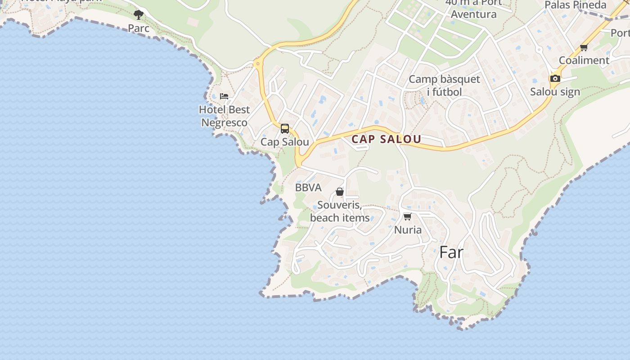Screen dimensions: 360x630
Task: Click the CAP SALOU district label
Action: pos(386,139)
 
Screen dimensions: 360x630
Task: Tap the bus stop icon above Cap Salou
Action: pos(285,129)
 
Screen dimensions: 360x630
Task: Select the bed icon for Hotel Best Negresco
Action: pos(224,96)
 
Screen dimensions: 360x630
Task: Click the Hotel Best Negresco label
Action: pos(224,116)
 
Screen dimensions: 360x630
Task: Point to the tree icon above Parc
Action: pos(139,15)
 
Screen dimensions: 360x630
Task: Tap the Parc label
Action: pos(139,28)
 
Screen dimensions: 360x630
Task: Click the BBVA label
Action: pos(308,188)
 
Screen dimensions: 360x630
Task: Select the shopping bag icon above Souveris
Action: pos(340,192)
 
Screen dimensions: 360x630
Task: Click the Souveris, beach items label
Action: pos(340,211)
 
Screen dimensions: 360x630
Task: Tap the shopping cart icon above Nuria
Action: pos(408,216)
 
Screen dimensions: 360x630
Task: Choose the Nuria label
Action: pos(408,230)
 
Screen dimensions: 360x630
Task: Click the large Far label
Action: pos(451,252)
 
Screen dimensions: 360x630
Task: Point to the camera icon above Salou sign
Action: pos(555,78)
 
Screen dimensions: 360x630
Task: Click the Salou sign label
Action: pos(555,92)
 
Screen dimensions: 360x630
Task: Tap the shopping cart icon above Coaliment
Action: pos(584,47)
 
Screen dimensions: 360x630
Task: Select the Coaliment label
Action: pos(584,60)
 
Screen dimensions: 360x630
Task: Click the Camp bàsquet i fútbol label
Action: pos(444,85)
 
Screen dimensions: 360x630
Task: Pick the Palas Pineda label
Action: pos(576,5)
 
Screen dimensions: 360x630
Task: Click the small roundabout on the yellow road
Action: pos(257,64)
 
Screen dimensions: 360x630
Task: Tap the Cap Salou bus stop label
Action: pos(285,142)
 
